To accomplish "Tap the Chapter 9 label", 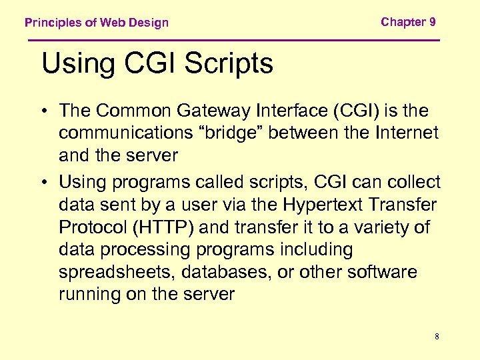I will [x=408, y=22].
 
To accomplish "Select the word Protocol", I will [x=94, y=227].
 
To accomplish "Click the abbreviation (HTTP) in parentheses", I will [x=164, y=227].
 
